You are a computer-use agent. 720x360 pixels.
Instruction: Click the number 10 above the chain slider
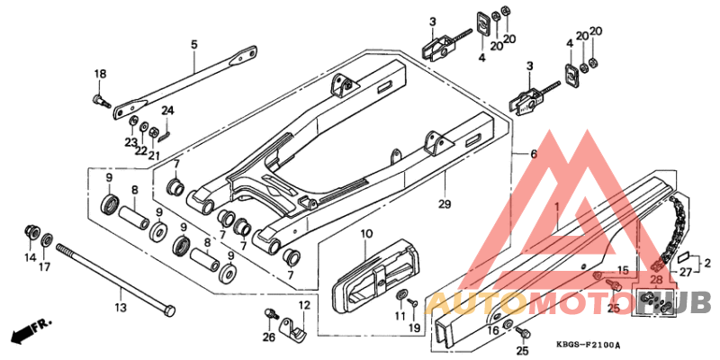pyautogui.click(x=366, y=235)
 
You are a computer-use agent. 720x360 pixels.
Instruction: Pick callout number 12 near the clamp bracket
pyautogui.click(x=303, y=306)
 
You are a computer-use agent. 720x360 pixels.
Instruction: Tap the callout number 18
pyautogui.click(x=100, y=74)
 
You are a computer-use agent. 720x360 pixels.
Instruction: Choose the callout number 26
pyautogui.click(x=267, y=337)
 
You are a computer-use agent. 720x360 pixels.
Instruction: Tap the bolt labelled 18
pyautogui.click(x=95, y=100)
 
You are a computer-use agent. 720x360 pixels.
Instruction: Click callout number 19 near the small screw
pyautogui.click(x=414, y=330)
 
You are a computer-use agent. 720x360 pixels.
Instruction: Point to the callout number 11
pyautogui.click(x=400, y=315)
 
